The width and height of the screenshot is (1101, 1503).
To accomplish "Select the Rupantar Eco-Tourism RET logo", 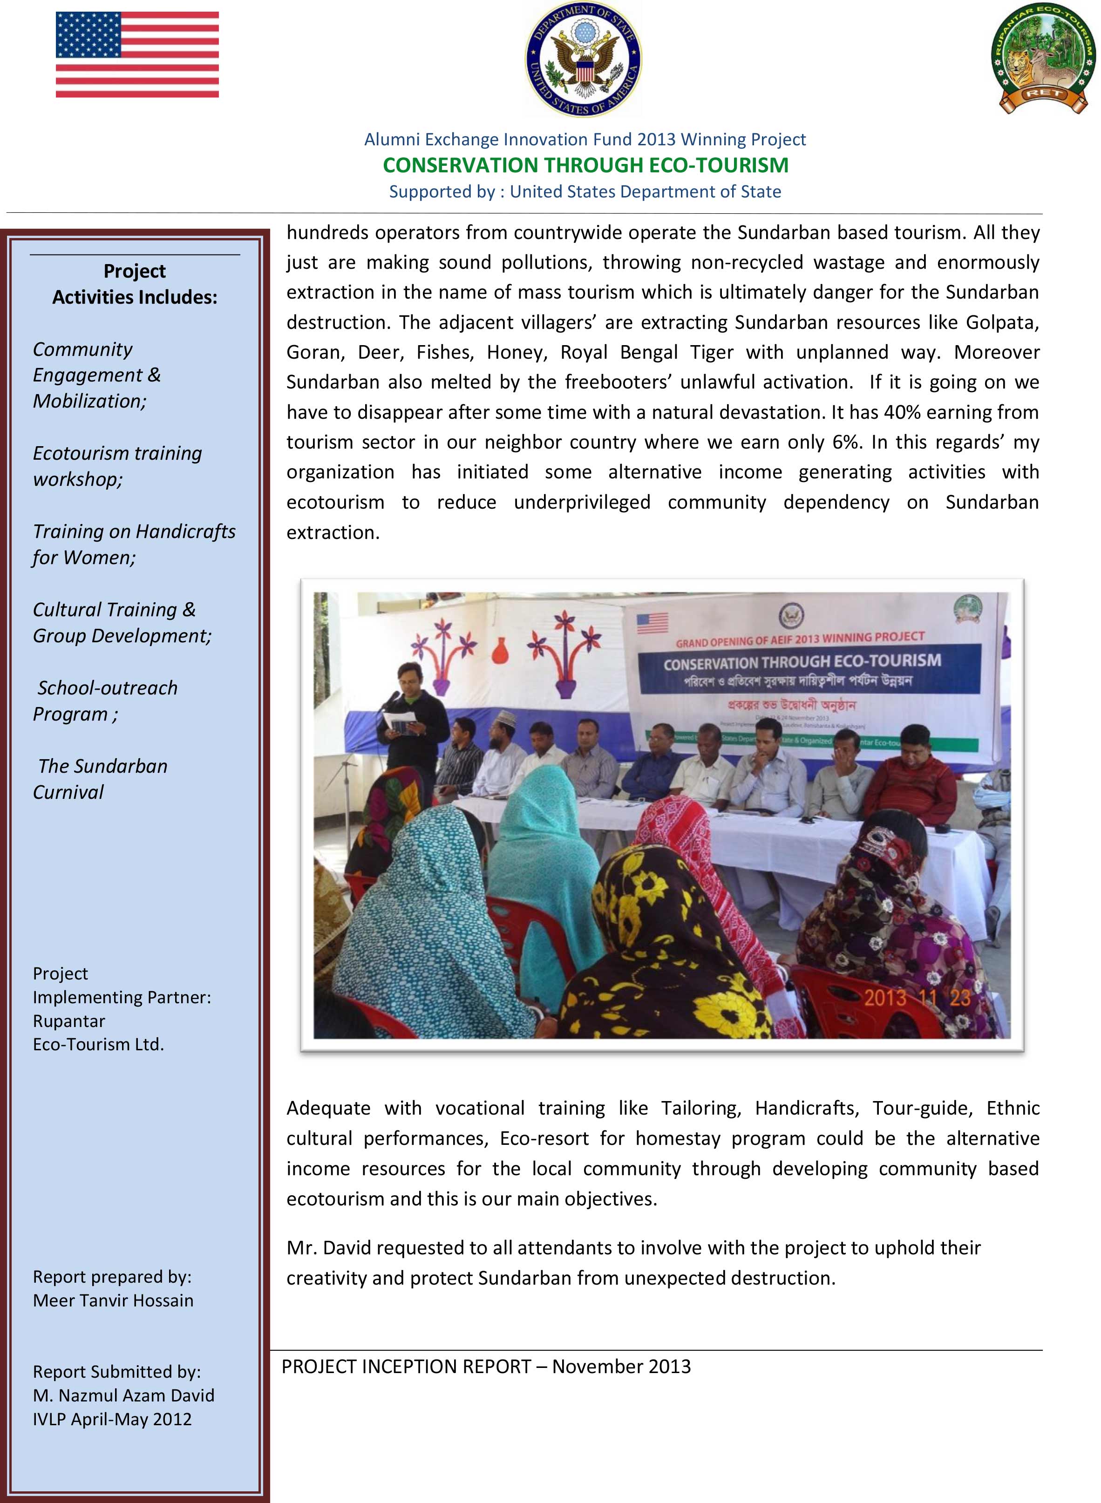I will point(1043,59).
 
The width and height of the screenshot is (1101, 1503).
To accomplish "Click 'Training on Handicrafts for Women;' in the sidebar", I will point(133,544).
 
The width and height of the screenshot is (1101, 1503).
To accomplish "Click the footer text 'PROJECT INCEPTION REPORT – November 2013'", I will point(486,1367).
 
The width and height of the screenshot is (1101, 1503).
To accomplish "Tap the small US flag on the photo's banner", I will point(652,623).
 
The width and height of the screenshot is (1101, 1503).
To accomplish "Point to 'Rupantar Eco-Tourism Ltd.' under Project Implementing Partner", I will point(98,1033).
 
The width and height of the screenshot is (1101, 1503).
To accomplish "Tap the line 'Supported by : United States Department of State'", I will point(584,192).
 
